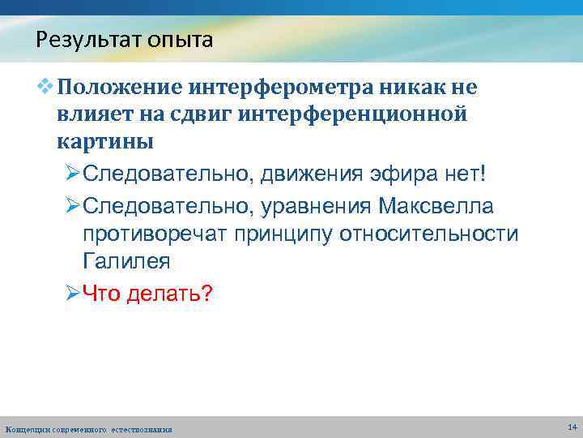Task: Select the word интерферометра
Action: point(283,87)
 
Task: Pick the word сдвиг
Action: point(216,114)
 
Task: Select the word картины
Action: point(105,142)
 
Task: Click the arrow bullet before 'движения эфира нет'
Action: point(72,174)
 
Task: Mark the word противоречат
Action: point(153,234)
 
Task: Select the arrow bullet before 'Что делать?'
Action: point(72,292)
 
